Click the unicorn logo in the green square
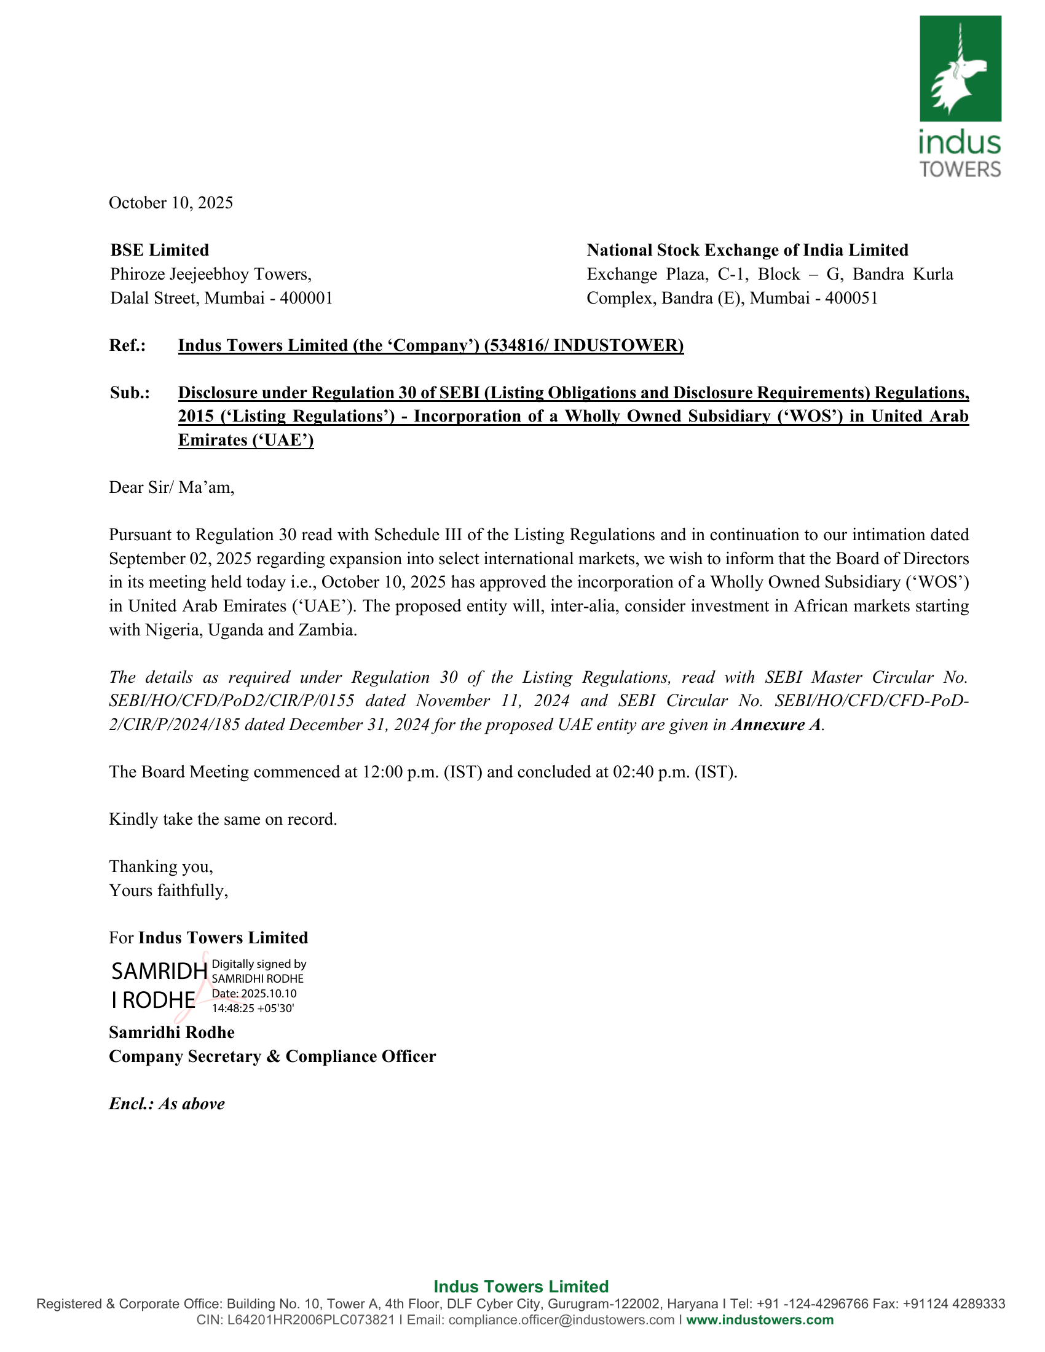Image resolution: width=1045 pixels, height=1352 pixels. click(x=960, y=69)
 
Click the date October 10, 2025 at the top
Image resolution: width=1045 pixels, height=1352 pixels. click(x=171, y=203)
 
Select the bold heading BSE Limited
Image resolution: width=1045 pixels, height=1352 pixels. click(x=160, y=250)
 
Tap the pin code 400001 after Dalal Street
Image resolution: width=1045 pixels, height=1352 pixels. click(x=307, y=299)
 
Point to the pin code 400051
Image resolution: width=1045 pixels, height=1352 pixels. click(x=851, y=299)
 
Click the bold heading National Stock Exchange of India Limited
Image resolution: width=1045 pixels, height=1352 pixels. click(x=747, y=250)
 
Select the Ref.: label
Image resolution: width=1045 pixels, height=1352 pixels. click(x=127, y=345)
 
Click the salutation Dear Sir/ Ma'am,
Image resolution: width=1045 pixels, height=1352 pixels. click(x=172, y=487)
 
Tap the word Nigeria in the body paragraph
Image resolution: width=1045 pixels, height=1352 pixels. click(x=173, y=630)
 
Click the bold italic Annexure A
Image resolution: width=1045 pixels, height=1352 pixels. click(x=776, y=725)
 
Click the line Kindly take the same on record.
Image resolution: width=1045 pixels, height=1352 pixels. click(x=223, y=820)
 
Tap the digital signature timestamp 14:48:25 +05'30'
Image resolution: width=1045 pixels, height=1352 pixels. click(x=253, y=1008)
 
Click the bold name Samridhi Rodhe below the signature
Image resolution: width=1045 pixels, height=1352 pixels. click(x=172, y=1032)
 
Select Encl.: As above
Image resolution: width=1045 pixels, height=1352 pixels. click(x=167, y=1104)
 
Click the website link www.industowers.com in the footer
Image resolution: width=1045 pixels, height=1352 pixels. click(x=760, y=1320)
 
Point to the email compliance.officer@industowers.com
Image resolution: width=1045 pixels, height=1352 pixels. click(x=561, y=1320)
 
